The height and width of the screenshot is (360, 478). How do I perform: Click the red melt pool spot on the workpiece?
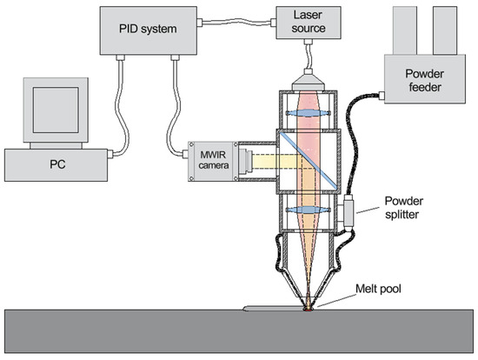(307, 306)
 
